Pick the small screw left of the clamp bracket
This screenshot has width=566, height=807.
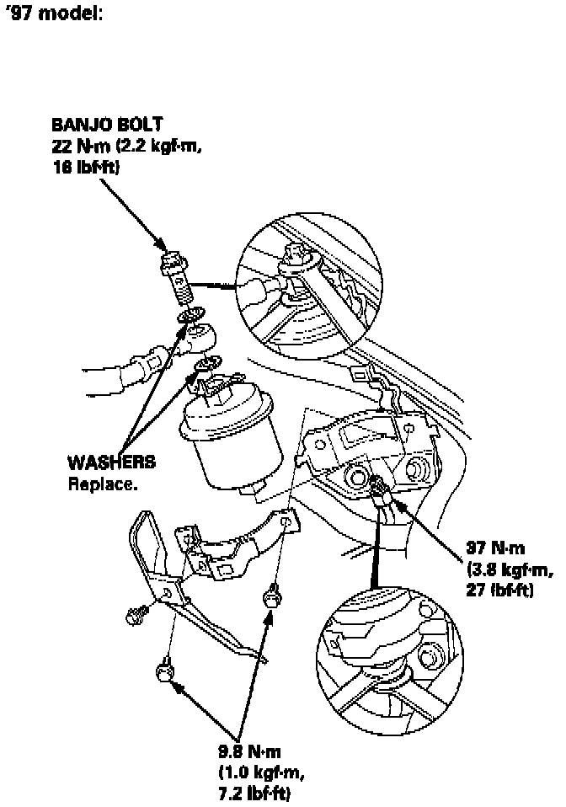tap(131, 617)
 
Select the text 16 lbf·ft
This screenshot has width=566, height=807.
tap(86, 168)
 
